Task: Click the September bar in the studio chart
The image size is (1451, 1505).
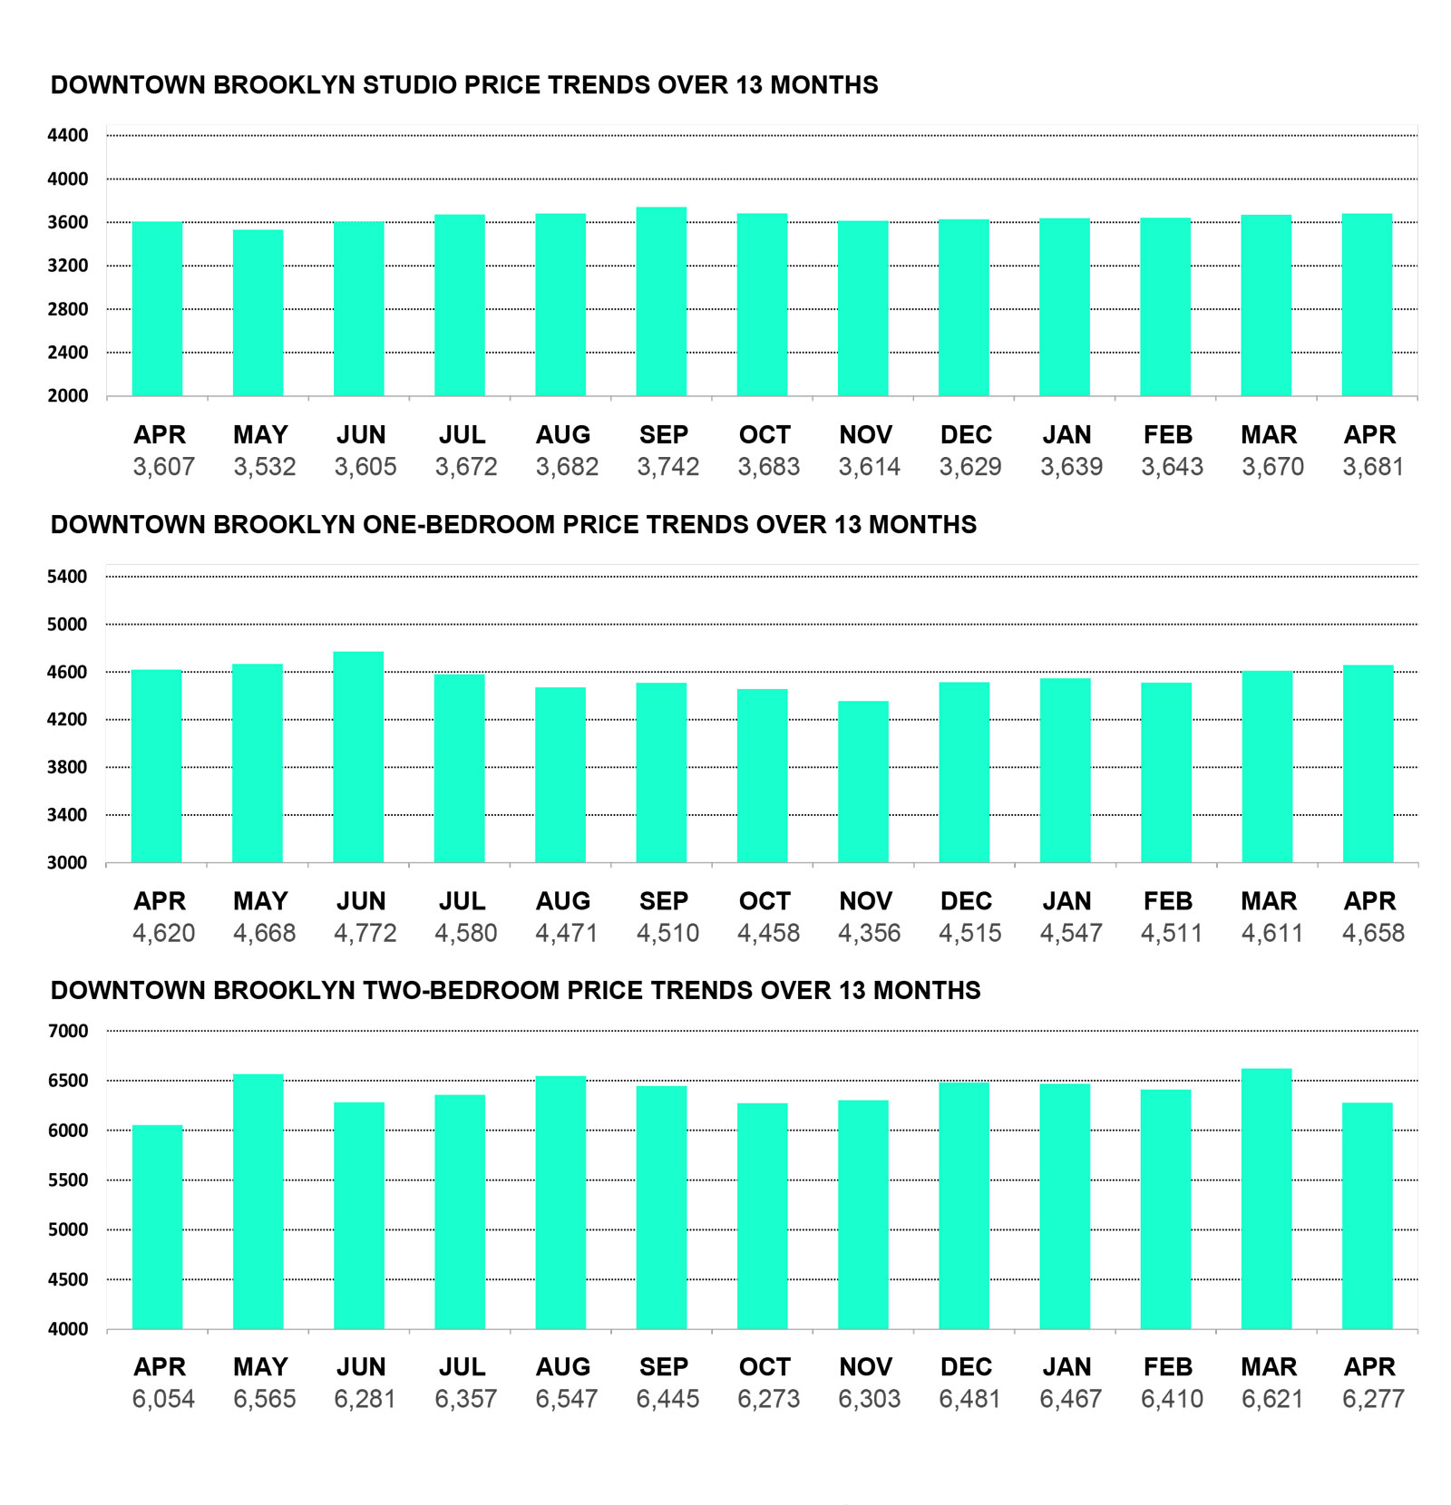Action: click(x=661, y=302)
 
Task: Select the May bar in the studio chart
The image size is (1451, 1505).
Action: click(x=258, y=313)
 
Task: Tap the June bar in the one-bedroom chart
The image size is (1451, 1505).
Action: click(x=359, y=757)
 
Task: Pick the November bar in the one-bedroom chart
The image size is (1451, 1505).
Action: click(x=863, y=782)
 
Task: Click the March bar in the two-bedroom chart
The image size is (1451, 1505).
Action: click(x=1267, y=1199)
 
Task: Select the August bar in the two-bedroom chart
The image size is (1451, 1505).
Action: click(x=560, y=1202)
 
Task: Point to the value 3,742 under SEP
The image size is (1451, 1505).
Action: click(x=667, y=467)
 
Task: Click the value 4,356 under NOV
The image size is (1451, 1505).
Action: click(x=869, y=933)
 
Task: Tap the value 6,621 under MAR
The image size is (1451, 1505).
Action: click(x=1272, y=1399)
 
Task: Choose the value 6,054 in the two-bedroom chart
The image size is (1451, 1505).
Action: click(x=163, y=1399)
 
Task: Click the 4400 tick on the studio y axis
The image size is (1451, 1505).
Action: click(x=68, y=136)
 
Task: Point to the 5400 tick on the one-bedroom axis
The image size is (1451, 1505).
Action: click(x=68, y=577)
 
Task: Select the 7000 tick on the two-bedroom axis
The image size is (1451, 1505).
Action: click(x=68, y=1031)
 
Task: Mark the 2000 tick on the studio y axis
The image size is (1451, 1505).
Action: click(x=68, y=396)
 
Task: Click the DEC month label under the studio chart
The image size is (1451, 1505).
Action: click(x=966, y=435)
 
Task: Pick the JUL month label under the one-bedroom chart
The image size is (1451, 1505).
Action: click(x=462, y=901)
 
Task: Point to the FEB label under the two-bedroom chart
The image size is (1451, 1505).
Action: click(x=1168, y=1366)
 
